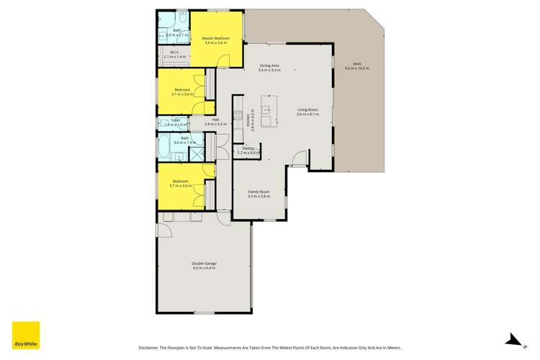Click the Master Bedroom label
(x=215, y=38)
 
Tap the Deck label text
(x=356, y=64)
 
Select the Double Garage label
(x=204, y=264)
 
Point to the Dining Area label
(x=269, y=66)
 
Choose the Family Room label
(x=258, y=192)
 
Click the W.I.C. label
(x=175, y=52)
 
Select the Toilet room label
(x=175, y=120)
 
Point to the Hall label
(x=215, y=120)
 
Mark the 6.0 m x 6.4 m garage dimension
(x=204, y=268)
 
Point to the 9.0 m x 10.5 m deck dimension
(x=356, y=68)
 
